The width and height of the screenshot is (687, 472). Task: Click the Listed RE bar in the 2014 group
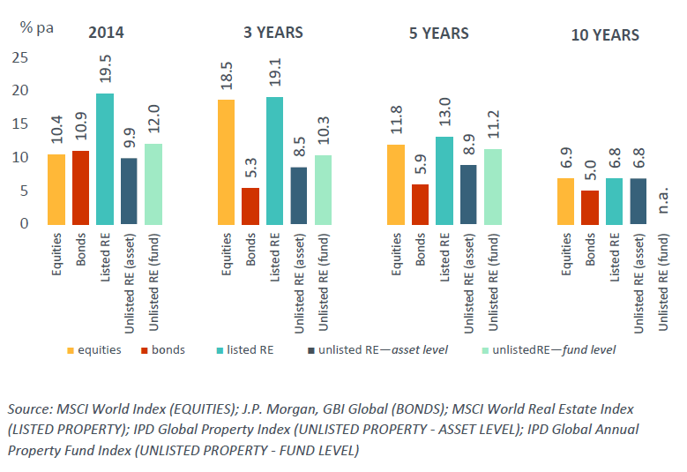pos(105,159)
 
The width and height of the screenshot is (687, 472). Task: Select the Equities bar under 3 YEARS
pos(227,162)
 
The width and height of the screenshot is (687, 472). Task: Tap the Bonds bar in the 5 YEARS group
pos(420,204)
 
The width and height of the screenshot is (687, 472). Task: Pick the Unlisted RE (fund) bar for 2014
pos(154,184)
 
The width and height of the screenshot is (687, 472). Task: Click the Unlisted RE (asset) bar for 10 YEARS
pos(638,201)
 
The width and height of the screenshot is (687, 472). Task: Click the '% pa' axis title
pos(37,26)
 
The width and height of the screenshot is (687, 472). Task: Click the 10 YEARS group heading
pos(604,35)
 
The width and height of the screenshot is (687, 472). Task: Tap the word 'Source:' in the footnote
pos(31,410)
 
